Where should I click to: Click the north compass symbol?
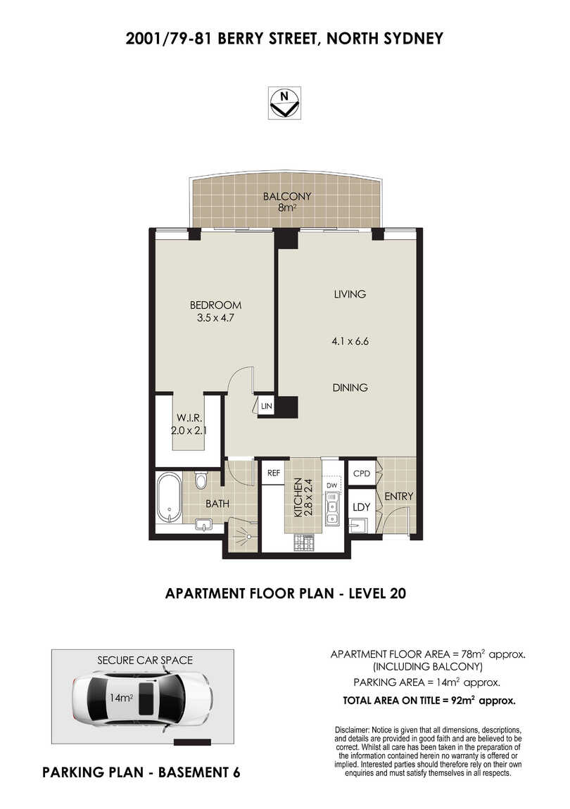(284, 103)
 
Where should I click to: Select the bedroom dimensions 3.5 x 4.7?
(216, 318)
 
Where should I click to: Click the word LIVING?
(350, 294)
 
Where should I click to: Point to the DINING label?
(350, 388)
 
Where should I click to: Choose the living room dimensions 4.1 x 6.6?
(350, 341)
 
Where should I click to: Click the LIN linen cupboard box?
(266, 406)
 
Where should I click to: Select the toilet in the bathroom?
(201, 480)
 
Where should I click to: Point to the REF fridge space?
(274, 473)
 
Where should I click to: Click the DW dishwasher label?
(331, 485)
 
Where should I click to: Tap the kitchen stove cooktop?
(304, 542)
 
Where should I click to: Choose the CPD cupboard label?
(362, 473)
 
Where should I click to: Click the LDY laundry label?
(362, 507)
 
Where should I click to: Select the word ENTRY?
(399, 497)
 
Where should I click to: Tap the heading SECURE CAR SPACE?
(145, 661)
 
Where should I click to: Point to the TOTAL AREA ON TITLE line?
(429, 701)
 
